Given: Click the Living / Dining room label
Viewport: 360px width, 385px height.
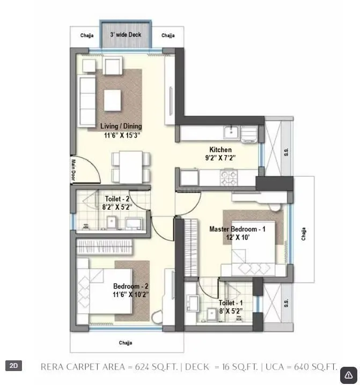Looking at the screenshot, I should [121, 127].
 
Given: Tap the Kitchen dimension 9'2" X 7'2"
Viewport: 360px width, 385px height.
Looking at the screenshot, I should [220, 158].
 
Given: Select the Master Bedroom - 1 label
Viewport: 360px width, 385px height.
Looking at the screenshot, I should [237, 229].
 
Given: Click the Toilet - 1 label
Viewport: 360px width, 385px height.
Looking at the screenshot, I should [231, 302].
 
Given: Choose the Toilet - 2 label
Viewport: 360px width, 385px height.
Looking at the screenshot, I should [117, 199].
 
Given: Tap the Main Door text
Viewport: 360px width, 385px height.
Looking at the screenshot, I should [74, 170].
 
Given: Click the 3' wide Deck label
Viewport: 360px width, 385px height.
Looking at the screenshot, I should [126, 34].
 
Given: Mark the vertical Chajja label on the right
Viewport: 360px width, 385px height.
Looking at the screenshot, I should [304, 233].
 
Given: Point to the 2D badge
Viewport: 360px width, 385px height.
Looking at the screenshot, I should [14, 366].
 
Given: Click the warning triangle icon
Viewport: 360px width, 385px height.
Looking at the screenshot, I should [348, 375].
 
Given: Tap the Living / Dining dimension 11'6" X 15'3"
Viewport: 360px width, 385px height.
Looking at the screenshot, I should [122, 136].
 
